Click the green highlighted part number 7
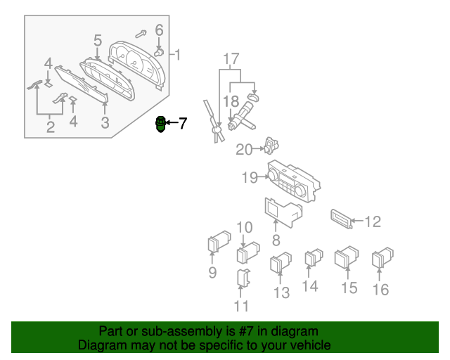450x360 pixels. tap(161, 125)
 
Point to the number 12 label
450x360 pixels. tap(372, 222)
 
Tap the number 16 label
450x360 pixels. tap(380, 288)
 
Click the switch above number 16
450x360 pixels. tap(383, 258)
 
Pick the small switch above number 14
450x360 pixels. tap(312, 259)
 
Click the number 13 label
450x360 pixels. tap(281, 292)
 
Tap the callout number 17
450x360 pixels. tap(232, 58)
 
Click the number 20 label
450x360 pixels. tap(244, 149)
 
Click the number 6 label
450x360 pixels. tap(159, 30)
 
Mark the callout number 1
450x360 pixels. tap(178, 54)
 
